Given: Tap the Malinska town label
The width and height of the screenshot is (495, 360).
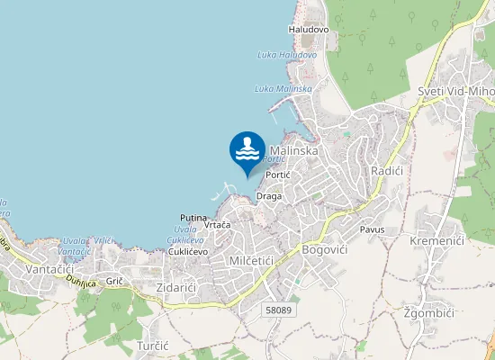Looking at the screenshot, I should click(293, 151).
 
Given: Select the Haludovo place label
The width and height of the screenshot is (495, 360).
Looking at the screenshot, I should click(309, 30).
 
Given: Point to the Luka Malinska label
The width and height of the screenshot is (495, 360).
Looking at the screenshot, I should click(283, 88).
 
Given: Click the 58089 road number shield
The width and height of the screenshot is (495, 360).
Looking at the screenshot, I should click(279, 309).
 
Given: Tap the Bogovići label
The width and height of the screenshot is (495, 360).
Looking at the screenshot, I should click(325, 248).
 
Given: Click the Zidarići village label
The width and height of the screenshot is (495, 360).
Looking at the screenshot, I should click(175, 286).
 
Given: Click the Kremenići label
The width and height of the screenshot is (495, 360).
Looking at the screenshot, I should click(436, 241).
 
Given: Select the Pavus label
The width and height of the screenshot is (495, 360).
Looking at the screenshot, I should click(372, 229).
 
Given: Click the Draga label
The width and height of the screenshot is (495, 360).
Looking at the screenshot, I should click(269, 195).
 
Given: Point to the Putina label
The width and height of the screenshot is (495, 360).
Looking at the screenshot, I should click(193, 218).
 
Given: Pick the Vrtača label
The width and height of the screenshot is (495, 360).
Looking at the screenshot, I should click(218, 224).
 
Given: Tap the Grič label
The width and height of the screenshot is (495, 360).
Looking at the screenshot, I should click(114, 282).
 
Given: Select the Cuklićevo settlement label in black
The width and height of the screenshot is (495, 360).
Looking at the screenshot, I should click(188, 252).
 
